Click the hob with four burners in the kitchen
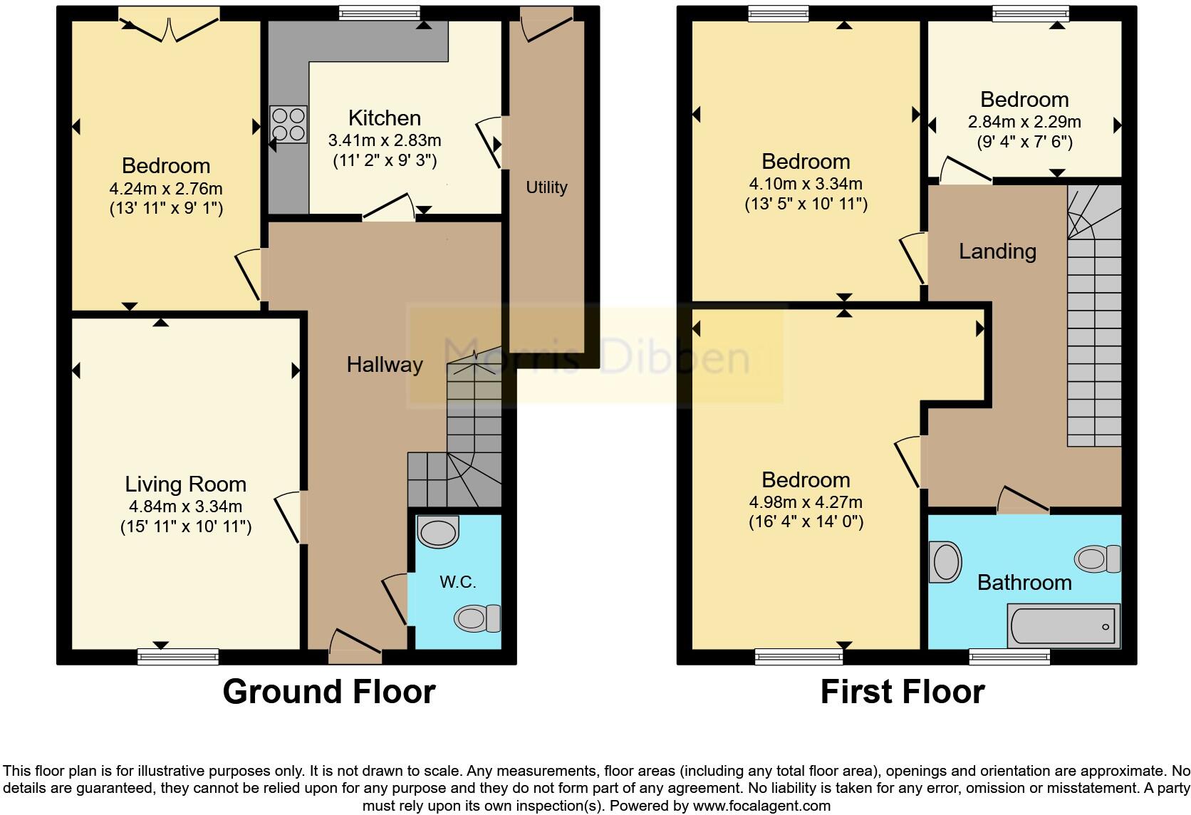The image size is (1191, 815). tap(288, 124)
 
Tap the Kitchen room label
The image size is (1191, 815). tap(384, 118)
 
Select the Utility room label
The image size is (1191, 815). tap(546, 187)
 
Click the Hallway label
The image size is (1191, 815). tap(385, 365)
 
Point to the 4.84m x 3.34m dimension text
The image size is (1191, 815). tap(185, 507)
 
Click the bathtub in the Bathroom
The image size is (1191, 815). tap(1063, 626)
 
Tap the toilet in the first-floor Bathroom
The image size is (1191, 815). tap(1098, 559)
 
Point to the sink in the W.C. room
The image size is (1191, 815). tap(438, 532)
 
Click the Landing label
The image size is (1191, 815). tap(997, 251)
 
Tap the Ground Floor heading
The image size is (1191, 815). tap(328, 692)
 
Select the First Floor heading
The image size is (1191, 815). tap(902, 692)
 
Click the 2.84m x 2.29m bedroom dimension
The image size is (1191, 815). tap(1024, 122)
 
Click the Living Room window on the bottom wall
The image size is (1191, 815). tap(178, 656)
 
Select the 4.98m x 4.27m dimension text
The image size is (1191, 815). tap(805, 502)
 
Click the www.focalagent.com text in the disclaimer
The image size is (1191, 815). tap(761, 806)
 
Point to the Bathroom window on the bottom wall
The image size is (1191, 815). tap(1009, 656)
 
